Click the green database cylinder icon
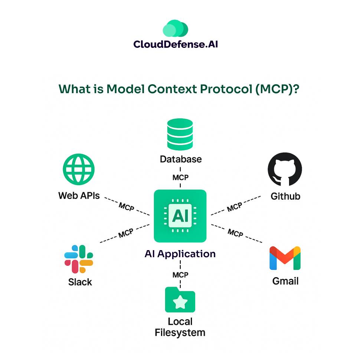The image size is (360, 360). (180, 134)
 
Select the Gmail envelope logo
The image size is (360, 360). (285, 258)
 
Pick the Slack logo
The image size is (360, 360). (79, 259)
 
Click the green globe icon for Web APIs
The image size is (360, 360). (79, 169)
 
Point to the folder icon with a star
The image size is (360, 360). (180, 300)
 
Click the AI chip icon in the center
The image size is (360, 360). (180, 216)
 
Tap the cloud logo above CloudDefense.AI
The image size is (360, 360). (176, 29)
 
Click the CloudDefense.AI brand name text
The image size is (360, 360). (176, 45)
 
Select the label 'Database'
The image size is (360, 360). (181, 159)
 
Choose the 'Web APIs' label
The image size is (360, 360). (79, 196)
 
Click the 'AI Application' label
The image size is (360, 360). (180, 254)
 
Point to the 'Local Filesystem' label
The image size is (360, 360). (180, 327)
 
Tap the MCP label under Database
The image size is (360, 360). (180, 177)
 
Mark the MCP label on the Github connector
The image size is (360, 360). (235, 207)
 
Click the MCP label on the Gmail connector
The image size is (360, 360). (235, 233)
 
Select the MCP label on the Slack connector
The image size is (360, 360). (126, 234)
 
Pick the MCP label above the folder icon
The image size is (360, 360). (180, 275)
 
